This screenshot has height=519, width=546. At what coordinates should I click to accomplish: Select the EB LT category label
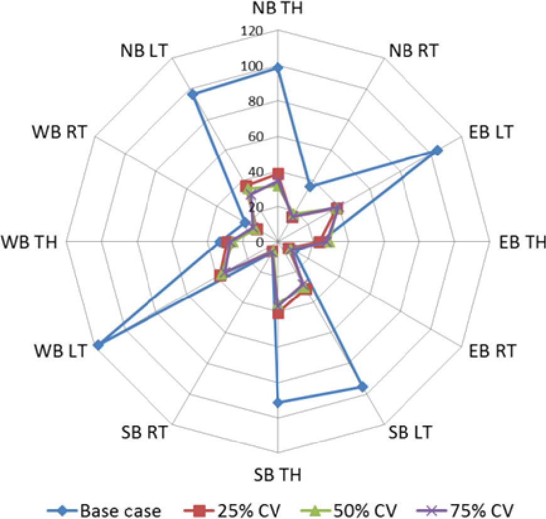[491, 132]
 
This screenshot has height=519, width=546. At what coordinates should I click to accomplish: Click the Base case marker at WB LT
[99, 345]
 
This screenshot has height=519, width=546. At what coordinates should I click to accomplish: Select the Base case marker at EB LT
[437, 151]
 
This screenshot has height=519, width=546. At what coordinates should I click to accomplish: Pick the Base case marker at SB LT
[362, 387]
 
